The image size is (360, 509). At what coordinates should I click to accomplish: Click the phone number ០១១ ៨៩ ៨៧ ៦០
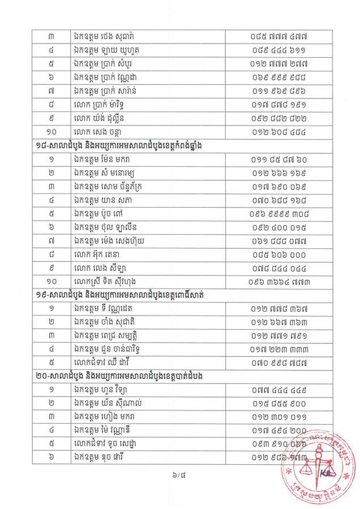point(279,159)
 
